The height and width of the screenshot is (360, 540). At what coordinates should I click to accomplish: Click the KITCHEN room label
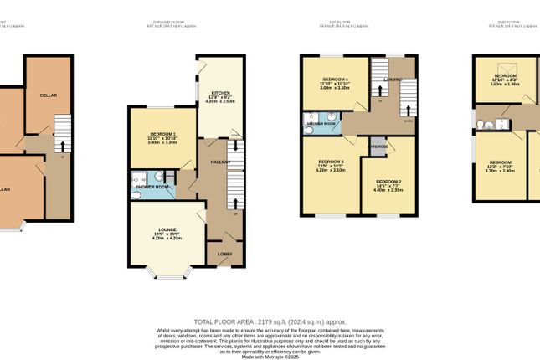(x=220, y=93)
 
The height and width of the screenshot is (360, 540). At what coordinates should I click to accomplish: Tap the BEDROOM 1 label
(x=162, y=134)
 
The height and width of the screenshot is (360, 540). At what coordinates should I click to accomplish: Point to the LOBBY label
(x=224, y=253)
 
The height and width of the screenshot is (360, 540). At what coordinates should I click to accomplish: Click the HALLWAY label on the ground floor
(x=220, y=162)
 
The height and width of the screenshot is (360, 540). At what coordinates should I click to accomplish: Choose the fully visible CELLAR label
(x=48, y=96)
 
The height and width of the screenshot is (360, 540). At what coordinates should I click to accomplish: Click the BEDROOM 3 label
(x=331, y=161)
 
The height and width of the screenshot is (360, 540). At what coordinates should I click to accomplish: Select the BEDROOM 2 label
(x=388, y=182)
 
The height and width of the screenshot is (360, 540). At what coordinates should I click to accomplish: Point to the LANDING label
(x=393, y=80)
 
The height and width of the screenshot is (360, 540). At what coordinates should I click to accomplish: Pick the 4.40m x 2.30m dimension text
(x=388, y=190)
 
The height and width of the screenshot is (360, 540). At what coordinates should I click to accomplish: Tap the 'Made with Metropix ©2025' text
(x=270, y=357)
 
